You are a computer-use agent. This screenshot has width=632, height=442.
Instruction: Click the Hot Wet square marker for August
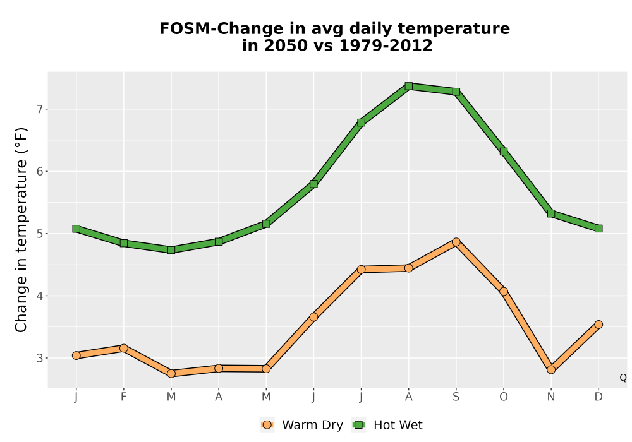408,86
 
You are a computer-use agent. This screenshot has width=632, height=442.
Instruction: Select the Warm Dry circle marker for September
456,242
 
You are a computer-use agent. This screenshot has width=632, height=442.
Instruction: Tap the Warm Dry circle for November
551,369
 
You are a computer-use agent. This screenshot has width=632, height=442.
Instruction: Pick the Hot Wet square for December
599,228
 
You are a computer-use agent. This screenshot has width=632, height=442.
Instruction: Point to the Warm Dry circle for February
124,348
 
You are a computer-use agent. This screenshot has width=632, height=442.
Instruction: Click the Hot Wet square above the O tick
504,152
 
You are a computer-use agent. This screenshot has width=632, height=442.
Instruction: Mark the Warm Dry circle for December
599,325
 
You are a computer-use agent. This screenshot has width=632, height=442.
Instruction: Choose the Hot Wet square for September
456,92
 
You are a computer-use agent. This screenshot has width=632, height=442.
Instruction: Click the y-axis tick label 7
39,109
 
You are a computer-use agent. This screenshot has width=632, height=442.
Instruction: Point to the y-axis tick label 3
39,358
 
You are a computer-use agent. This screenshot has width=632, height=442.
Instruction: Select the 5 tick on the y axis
39,234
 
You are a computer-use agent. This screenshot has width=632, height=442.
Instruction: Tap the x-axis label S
456,397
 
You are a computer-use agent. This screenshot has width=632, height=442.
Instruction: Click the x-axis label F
124,397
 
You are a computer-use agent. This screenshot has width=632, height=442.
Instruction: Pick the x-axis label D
599,397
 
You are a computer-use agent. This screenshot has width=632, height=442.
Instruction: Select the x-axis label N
551,397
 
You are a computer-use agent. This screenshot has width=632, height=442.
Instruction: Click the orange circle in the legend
267,425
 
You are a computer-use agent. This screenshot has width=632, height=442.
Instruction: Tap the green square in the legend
358,425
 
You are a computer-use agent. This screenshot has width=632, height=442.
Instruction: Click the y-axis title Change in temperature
21,230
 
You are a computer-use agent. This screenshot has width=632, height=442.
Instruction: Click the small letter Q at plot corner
623,378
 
